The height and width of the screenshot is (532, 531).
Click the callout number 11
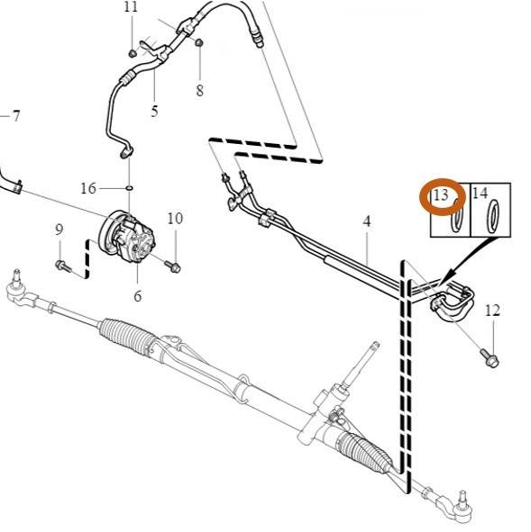point(131,7)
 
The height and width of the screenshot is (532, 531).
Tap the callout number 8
point(199,90)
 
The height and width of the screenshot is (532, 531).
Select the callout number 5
point(154,112)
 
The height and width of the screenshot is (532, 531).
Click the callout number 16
point(88,188)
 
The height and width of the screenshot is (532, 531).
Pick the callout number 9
point(60,230)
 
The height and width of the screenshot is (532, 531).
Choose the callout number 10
point(175,218)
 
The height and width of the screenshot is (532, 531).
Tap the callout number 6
point(138,296)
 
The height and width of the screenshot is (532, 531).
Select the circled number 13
point(441,195)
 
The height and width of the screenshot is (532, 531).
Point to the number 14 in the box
point(480,194)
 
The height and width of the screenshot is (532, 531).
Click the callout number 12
point(491,311)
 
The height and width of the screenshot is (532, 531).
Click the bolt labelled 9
point(63,265)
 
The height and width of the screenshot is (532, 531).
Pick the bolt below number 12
point(490,359)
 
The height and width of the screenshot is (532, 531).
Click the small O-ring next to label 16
point(128,188)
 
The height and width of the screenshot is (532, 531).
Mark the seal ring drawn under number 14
point(495,219)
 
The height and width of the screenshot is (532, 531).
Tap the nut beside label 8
point(199,43)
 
